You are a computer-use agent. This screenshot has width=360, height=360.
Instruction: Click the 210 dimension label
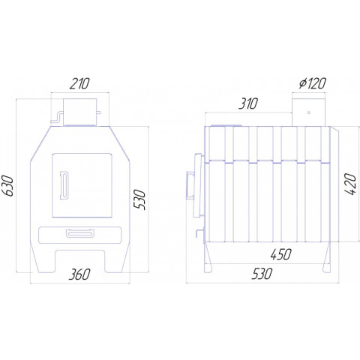click(x=79, y=84)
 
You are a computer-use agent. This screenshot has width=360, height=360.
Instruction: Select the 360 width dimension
click(x=79, y=274)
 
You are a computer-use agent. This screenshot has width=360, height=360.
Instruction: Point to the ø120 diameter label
click(x=313, y=83)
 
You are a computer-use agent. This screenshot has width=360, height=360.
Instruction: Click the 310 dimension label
click(x=247, y=103)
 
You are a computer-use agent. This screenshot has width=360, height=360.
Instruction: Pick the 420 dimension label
click(x=349, y=184)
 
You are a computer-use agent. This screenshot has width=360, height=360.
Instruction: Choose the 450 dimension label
click(x=280, y=254)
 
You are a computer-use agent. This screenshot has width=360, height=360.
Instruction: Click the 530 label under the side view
click(x=262, y=274)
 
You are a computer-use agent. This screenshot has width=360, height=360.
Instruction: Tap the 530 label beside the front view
click(x=139, y=199)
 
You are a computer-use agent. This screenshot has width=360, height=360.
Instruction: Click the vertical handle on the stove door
click(x=64, y=185)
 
